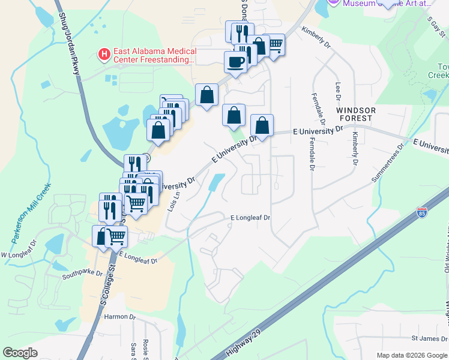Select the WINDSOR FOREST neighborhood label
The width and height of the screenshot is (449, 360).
tap(356, 115)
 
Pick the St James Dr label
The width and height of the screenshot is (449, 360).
tap(427, 339)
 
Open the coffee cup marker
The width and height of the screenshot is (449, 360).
tap(235, 61)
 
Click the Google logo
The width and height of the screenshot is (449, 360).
tap(20, 353)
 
